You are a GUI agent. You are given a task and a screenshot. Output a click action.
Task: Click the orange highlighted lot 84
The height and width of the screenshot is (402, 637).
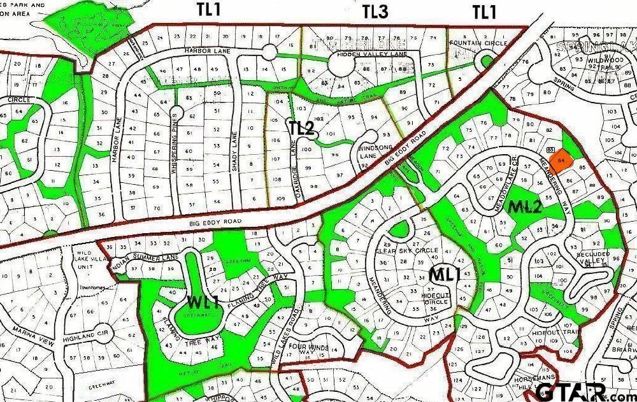click(560, 159)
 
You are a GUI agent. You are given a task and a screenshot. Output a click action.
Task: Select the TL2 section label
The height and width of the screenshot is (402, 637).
click(302, 127)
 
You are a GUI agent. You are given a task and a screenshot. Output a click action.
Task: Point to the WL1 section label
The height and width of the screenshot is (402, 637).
click(203, 299)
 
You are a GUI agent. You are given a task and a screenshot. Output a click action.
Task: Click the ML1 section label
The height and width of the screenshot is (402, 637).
click(444, 275)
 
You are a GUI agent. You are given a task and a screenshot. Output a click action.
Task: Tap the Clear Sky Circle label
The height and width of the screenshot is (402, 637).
click(407, 250)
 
